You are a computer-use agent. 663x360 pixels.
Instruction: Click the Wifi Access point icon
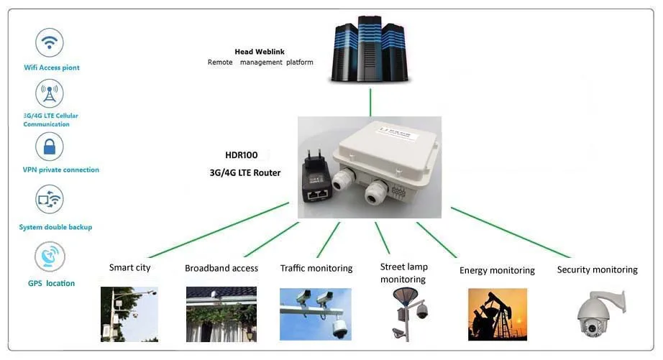(50, 43)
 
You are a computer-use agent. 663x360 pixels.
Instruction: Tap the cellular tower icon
(50, 94)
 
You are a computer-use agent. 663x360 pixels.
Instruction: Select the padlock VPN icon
(50, 147)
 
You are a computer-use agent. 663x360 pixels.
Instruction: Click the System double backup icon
(50, 200)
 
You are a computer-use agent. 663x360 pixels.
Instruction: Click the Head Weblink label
(257, 52)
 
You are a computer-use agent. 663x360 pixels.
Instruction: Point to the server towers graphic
(370, 50)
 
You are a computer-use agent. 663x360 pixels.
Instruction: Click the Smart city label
(130, 268)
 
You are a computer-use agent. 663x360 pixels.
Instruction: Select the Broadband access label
(221, 269)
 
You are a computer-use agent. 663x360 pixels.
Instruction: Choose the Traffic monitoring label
(316, 269)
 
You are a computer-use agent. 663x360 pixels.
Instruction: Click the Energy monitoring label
(497, 271)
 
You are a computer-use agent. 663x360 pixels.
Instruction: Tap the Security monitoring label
(597, 270)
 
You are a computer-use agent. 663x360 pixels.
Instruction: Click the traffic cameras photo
(316, 313)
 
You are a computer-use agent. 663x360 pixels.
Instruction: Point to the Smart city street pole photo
(129, 314)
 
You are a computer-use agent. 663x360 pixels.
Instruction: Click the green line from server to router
(370, 102)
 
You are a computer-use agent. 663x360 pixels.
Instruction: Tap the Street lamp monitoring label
(403, 273)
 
